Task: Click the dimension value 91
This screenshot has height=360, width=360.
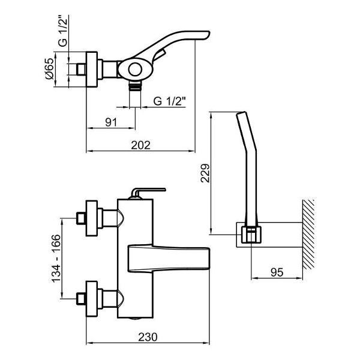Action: [111, 122]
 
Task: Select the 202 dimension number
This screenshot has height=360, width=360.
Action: [141, 145]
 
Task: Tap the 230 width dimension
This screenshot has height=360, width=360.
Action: [148, 337]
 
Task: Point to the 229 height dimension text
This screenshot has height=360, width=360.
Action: [205, 173]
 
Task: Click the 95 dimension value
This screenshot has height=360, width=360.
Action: [277, 272]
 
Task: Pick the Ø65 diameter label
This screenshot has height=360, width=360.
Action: [50, 68]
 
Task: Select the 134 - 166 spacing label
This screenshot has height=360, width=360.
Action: [56, 259]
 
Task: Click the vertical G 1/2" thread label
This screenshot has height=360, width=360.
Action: [63, 31]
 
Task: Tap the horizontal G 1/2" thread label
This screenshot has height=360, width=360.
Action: [169, 101]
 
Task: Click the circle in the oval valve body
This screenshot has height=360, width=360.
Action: [135, 70]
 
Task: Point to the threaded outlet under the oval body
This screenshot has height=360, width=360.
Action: [135, 86]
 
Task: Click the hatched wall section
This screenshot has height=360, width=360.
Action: [308, 235]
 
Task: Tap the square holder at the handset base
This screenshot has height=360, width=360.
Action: [251, 235]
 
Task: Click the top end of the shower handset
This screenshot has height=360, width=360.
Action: [241, 113]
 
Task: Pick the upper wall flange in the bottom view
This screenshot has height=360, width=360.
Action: [92, 218]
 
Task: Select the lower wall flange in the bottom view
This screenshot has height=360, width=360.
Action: [92, 299]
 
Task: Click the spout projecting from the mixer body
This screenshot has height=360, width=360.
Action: [169, 258]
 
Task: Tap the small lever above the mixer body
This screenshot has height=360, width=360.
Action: [148, 193]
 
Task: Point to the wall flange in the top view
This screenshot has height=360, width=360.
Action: [92, 70]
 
